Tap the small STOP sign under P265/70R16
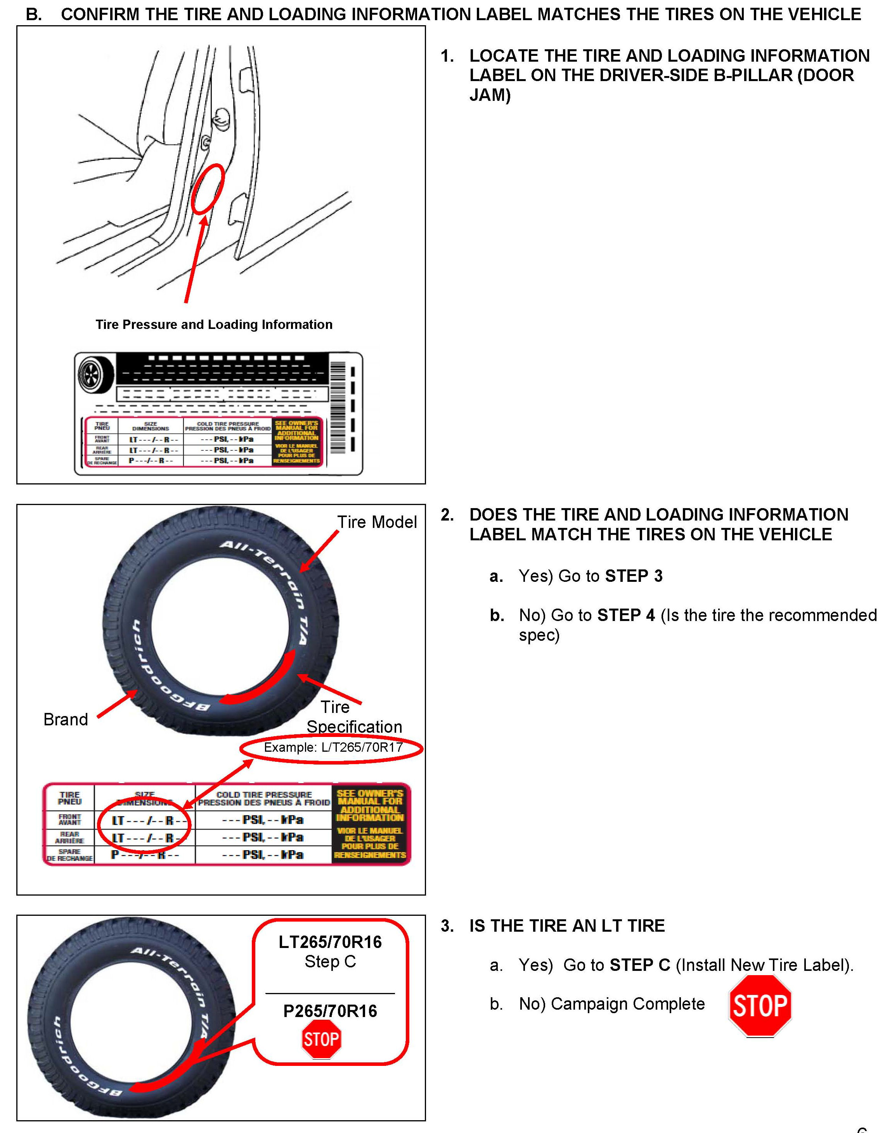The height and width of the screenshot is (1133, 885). [321, 1039]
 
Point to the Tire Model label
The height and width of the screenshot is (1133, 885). [377, 522]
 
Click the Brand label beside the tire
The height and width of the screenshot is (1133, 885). [66, 720]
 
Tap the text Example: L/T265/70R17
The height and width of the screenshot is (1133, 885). [333, 747]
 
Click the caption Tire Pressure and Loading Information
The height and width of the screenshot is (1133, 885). [214, 325]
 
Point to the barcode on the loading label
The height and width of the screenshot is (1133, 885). [338, 407]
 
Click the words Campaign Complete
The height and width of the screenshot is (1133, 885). [627, 1004]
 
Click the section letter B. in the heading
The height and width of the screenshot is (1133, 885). [34, 14]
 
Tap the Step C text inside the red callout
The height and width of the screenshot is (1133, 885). [330, 961]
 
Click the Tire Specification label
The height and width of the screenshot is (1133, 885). [354, 717]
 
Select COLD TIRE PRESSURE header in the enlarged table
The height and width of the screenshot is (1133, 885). [264, 795]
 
